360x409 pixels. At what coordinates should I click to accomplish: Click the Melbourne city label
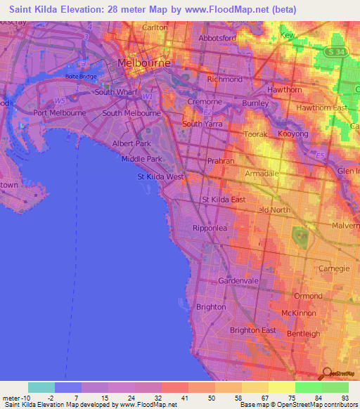point(146,63)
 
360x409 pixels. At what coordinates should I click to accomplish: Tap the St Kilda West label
point(160,176)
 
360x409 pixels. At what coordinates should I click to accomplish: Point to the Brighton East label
point(252,330)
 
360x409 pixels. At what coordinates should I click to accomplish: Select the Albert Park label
point(132,143)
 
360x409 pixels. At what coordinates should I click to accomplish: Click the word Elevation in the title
point(84,10)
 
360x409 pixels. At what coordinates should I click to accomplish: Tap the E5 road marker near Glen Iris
point(321,155)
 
